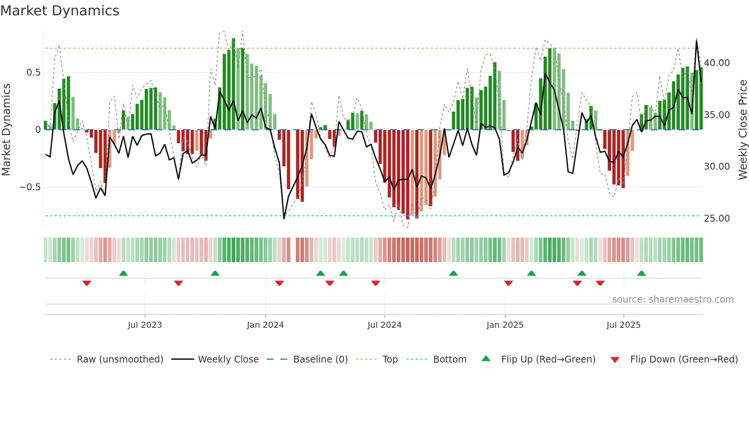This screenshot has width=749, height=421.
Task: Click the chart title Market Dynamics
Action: (60, 11)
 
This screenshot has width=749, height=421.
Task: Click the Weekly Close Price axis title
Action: (743, 130)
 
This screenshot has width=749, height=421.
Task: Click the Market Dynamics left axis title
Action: (6, 130)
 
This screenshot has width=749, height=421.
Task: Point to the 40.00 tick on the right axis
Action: (717, 63)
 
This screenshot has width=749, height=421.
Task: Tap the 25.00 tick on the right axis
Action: (717, 218)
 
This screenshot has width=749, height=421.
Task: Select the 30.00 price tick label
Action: (717, 167)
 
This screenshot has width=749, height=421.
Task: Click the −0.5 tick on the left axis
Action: (30, 187)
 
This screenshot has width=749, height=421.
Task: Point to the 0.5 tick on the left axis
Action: (33, 73)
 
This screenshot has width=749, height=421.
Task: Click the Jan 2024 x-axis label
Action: (265, 325)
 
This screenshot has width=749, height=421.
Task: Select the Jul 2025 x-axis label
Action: (623, 325)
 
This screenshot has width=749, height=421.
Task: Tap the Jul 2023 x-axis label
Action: (145, 325)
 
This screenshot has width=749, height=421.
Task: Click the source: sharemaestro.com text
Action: (673, 300)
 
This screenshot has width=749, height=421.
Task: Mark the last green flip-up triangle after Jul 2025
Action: (641, 274)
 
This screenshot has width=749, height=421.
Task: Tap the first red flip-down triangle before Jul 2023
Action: (87, 283)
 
